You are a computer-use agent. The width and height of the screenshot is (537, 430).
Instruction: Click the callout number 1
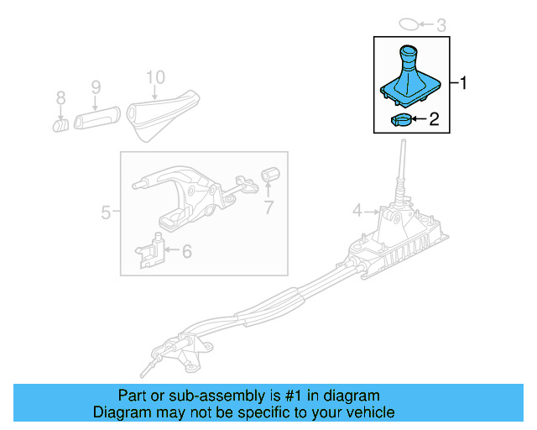coord(464,83)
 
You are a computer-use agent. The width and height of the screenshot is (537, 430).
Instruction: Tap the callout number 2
coord(434,120)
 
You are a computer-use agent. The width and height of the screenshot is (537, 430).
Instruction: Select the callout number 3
coord(441,24)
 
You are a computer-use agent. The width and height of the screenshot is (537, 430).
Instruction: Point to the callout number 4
coord(357,210)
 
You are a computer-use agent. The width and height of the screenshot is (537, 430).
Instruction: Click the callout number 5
coord(106,212)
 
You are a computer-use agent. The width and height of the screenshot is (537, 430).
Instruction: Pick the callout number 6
coord(186,250)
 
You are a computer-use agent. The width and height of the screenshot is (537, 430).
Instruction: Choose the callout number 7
coord(268,207)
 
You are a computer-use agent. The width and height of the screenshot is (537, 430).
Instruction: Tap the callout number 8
coord(60,99)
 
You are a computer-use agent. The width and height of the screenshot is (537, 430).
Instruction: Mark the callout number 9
coord(95,87)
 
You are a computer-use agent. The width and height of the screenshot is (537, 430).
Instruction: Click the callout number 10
coord(155,77)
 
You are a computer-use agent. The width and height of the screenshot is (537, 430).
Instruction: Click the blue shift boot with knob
coord(410,80)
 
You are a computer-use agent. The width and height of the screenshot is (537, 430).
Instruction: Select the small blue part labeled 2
coord(401,119)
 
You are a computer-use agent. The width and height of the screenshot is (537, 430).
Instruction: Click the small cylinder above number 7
coord(269,175)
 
